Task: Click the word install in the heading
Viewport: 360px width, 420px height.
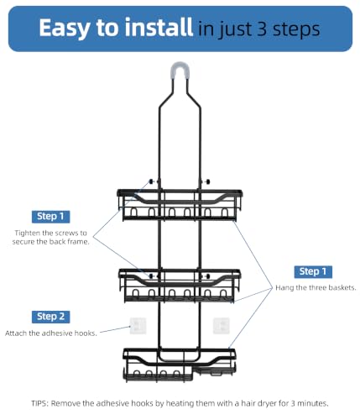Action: pos(159,27)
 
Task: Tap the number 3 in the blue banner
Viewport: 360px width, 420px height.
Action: pos(262,29)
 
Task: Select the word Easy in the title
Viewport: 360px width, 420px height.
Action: pos(64,29)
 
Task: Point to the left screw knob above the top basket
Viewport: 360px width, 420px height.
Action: pos(152,181)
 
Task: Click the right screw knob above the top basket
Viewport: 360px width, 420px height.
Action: pos(208,181)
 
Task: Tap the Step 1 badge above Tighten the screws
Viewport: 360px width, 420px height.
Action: pos(50,217)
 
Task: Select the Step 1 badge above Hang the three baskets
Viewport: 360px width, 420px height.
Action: pos(313,271)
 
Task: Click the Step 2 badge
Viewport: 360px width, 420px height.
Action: pos(50,317)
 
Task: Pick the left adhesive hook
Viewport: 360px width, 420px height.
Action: pos(138,326)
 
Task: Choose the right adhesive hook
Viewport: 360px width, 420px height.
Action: pos(222,326)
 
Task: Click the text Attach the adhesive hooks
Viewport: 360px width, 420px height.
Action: pos(51,333)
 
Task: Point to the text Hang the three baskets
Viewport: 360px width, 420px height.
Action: pos(316,288)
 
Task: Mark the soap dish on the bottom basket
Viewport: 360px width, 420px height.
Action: pos(213,371)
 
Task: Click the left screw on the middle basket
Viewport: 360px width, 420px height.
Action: pos(151,276)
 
